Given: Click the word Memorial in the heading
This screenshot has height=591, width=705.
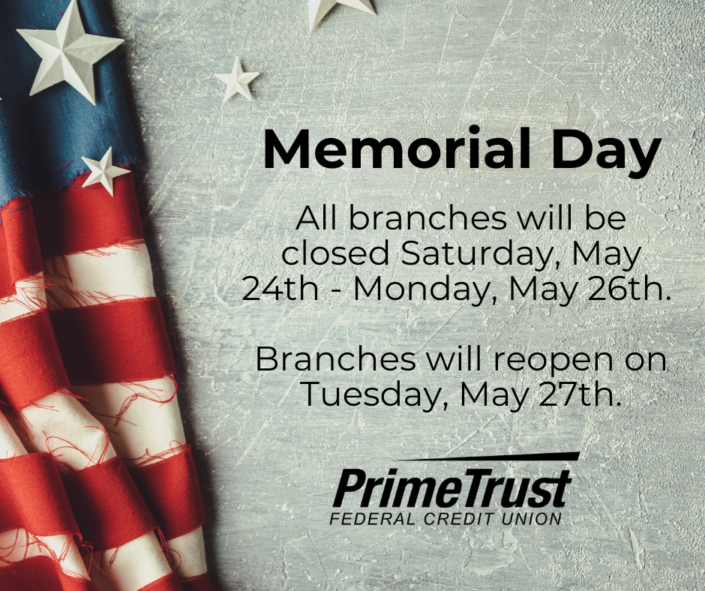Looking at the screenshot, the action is pos(397,148).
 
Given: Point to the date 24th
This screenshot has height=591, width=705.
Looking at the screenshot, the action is pos(280,289).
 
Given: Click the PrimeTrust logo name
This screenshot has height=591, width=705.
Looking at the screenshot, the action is pos(451,488).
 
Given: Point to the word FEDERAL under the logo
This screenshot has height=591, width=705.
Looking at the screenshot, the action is pos(374,518).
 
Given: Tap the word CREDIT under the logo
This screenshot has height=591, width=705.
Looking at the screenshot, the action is pos(458,518).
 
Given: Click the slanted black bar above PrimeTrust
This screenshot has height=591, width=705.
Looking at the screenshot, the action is pos(489,457).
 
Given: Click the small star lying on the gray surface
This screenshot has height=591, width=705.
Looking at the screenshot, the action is pos(237,79).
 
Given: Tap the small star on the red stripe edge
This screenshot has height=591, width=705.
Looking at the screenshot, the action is pos(105,171).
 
